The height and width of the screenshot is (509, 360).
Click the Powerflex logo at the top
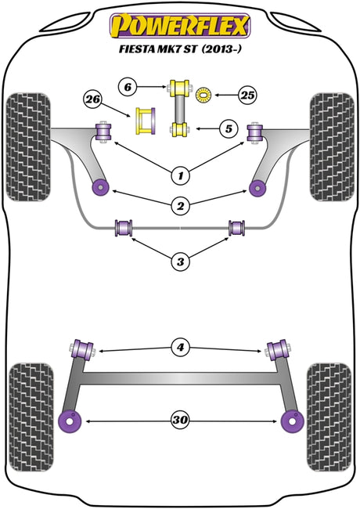[180, 26]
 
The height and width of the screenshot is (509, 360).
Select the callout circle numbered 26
[93, 99]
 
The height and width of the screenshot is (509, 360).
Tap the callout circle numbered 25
[247, 95]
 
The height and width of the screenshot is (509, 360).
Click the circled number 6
[128, 87]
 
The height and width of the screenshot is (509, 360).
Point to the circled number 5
[229, 129]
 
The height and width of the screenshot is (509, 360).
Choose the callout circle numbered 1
[180, 175]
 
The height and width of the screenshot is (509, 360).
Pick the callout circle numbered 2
[180, 205]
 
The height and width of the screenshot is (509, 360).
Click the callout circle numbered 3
[180, 262]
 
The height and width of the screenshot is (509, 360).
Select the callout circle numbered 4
[180, 348]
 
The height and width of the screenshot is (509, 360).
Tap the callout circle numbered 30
[180, 420]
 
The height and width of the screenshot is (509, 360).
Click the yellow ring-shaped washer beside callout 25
[203, 96]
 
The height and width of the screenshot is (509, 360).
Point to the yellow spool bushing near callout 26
[145, 121]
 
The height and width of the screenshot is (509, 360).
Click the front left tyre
[28, 147]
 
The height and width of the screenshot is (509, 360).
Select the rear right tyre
[329, 417]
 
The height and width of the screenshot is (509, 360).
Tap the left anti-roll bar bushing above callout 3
[124, 228]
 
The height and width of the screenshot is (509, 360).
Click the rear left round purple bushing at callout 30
[70, 421]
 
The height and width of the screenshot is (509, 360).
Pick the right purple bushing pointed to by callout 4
[277, 350]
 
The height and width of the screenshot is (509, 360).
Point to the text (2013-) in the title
[221, 49]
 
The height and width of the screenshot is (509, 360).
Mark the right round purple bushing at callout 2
[258, 188]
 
